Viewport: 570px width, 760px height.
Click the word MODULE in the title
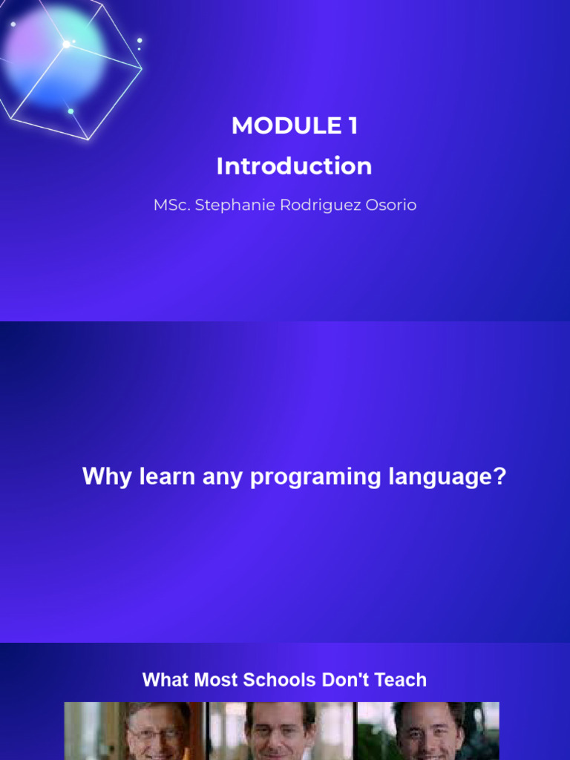(286, 125)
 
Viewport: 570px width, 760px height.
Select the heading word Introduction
(294, 166)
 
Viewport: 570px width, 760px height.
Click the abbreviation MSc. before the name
(172, 205)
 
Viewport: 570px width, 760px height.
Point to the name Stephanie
(235, 205)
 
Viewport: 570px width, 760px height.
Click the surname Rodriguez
(321, 206)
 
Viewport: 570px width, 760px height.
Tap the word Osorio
(390, 205)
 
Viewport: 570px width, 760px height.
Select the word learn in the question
(167, 476)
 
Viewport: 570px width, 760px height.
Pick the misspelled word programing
(315, 477)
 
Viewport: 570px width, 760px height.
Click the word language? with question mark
(448, 477)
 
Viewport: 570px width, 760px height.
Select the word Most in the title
(216, 680)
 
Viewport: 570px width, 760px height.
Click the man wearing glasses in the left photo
(155, 732)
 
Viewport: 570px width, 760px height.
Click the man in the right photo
(427, 732)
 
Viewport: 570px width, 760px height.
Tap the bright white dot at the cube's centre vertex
(66, 45)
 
